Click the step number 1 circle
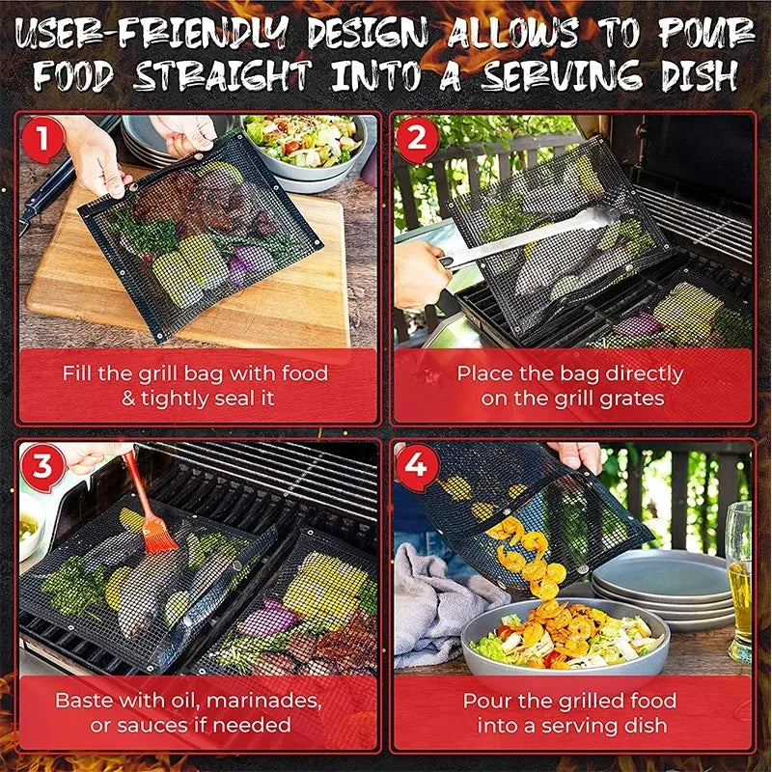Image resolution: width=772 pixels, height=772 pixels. coord(41,140)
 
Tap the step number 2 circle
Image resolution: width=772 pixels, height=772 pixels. coord(417,139)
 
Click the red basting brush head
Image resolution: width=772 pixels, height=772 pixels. coord(158,531)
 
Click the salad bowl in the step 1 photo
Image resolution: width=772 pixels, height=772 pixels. coord(301,145)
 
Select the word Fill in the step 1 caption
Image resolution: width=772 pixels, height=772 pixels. coord(80,372)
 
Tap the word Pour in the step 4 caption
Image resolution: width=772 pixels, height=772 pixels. coord(486,700)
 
